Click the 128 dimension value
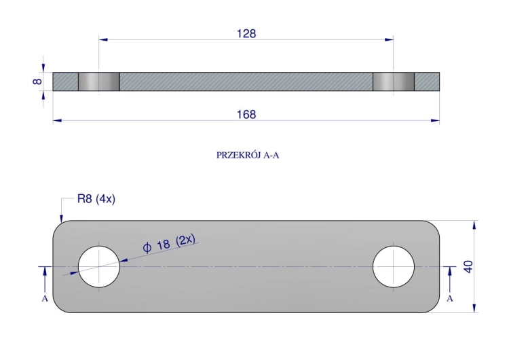pos(246,34)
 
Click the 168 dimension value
pos(246,114)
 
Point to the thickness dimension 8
pos(37,82)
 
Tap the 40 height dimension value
pos(468,267)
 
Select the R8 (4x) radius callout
pos(96,198)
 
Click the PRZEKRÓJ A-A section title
pos(248,156)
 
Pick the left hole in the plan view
pos(99,267)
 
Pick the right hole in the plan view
pos(394,267)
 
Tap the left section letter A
pos(45,299)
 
